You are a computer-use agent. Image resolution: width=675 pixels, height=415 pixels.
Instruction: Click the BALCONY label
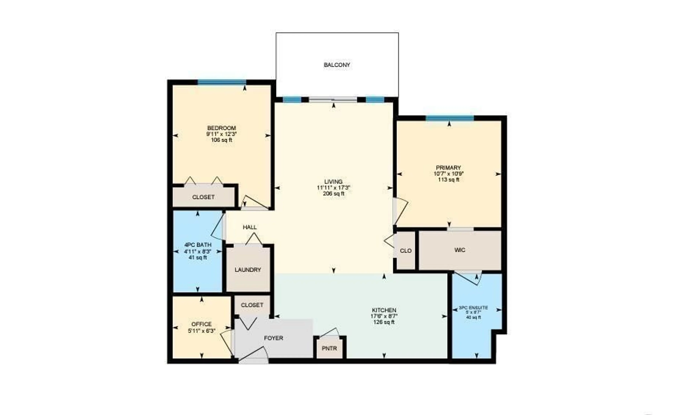pos(337,65)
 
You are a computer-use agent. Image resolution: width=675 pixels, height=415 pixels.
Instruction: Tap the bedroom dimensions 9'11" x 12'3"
pos(221,134)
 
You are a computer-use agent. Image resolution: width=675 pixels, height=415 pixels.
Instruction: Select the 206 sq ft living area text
pos(333,194)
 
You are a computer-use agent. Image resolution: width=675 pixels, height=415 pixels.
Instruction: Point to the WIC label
pos(460,250)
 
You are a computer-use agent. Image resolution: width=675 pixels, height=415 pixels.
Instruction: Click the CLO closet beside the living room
pos(405,251)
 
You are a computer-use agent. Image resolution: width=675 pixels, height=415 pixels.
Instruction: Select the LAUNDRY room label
pos(248,270)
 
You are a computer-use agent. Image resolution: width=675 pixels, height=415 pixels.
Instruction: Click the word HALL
pos(250,227)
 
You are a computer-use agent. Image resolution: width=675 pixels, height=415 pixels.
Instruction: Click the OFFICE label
pos(201,324)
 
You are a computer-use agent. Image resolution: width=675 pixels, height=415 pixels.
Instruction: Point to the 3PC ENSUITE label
pos(473,308)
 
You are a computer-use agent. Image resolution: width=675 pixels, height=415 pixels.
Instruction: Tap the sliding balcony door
pos(333,100)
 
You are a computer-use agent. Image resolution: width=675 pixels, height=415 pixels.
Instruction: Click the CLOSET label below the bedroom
pos(203,197)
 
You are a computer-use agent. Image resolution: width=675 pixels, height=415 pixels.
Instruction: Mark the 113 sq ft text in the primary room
pos(449,180)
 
